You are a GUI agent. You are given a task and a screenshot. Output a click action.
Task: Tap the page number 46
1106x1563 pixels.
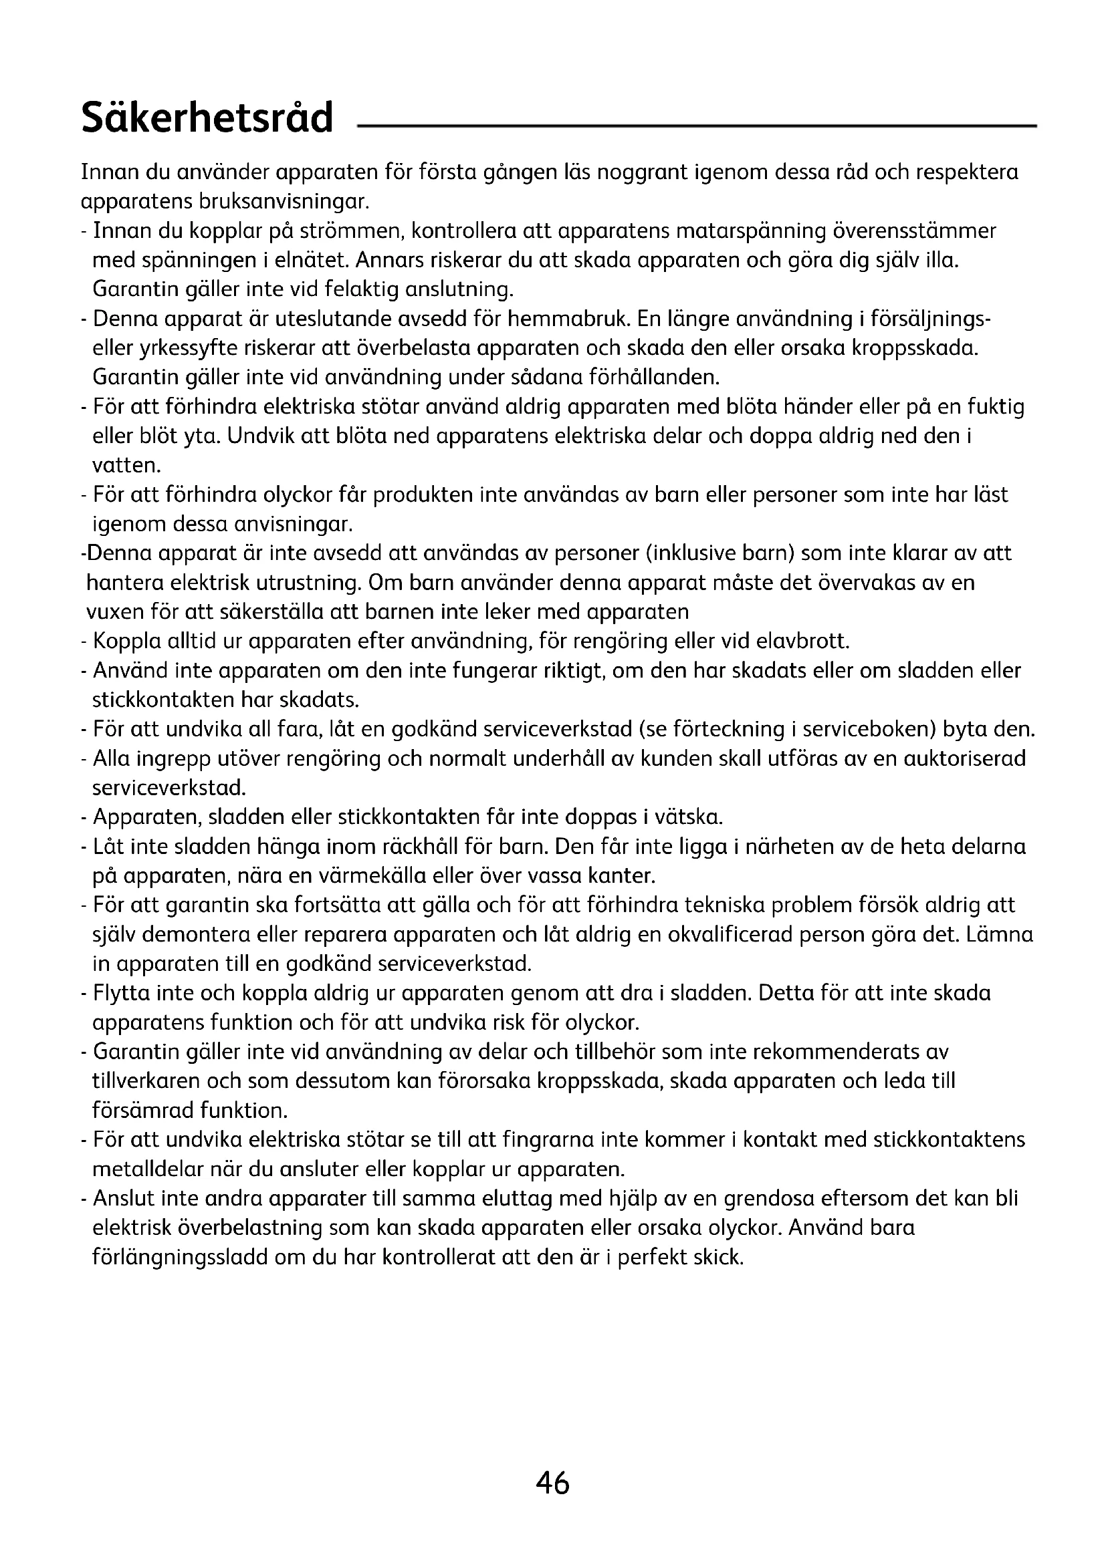[x=552, y=1482]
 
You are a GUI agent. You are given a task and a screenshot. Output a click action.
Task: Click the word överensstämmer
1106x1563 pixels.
[x=915, y=231]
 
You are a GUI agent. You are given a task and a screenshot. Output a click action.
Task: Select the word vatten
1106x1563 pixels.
[x=126, y=466]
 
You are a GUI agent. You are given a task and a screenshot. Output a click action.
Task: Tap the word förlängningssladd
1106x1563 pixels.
[x=180, y=1258]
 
